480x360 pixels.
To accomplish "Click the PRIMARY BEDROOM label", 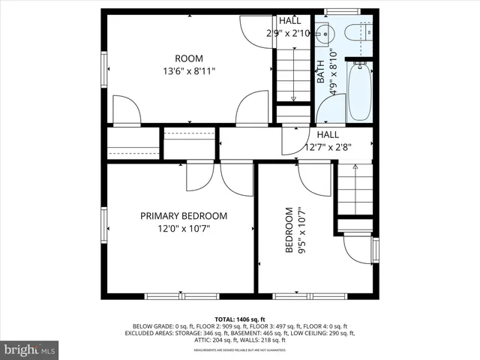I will pos(184,216).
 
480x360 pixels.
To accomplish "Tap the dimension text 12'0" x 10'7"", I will pos(184,229).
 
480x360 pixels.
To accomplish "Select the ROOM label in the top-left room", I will pos(189,58).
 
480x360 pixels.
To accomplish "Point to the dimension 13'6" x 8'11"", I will pos(189,72).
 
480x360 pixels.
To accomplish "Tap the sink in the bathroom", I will pos(322,33).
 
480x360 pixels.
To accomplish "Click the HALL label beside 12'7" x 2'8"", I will pos(328,134).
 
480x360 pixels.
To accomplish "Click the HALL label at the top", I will pos(290,21).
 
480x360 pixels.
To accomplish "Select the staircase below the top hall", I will pos(293,75).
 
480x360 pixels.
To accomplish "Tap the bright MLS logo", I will pos(30,349).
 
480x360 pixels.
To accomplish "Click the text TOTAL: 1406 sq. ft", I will pos(240,319).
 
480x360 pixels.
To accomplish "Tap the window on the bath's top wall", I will pos(347,11).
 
